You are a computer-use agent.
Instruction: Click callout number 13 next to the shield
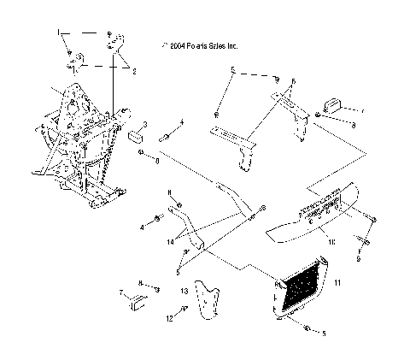coord(184,291)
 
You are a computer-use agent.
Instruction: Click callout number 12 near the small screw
coord(169,318)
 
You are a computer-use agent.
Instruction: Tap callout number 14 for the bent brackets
coord(171,242)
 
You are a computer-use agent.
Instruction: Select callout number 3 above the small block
coord(145,125)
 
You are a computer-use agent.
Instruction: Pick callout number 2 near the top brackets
coord(133,72)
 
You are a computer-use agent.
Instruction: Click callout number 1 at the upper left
coord(59,32)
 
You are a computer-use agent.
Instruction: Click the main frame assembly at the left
coord(81,145)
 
